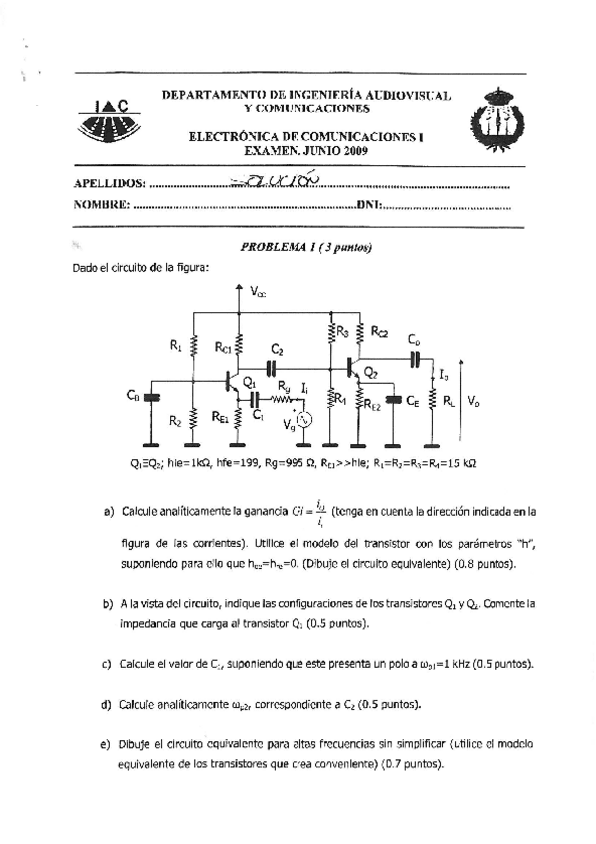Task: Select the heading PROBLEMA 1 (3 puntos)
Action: [x=298, y=248]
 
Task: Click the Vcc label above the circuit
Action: [x=257, y=292]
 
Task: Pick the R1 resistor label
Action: [x=175, y=346]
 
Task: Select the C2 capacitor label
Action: [x=277, y=350]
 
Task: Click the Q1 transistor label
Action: [x=250, y=382]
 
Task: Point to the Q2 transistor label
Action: [x=370, y=373]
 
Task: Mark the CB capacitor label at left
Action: [x=133, y=396]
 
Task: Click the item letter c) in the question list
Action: [x=107, y=662]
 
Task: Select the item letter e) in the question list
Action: [x=107, y=744]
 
